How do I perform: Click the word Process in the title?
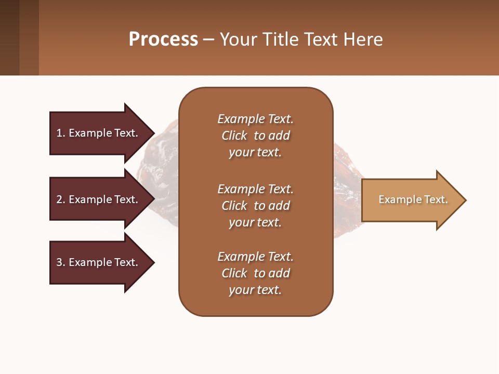click(163, 39)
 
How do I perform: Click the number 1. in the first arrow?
click(61, 133)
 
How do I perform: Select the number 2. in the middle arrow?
click(61, 199)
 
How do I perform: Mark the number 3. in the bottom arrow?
click(61, 262)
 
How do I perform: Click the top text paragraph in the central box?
click(255, 136)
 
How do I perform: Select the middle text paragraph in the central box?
click(255, 206)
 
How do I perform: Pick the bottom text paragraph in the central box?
click(255, 273)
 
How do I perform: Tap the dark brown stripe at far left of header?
click(9, 37)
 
